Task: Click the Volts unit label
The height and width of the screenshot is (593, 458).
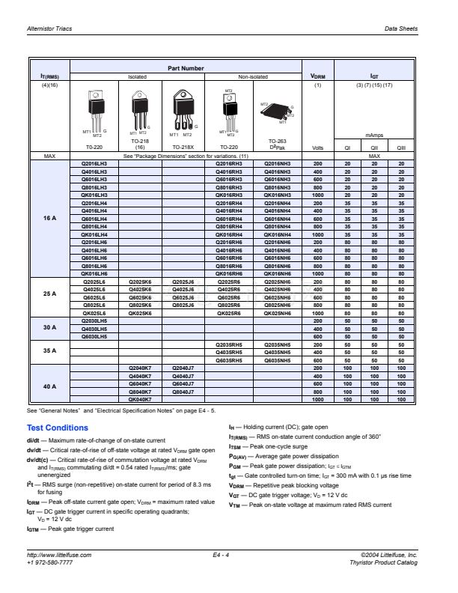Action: (x=317, y=148)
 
